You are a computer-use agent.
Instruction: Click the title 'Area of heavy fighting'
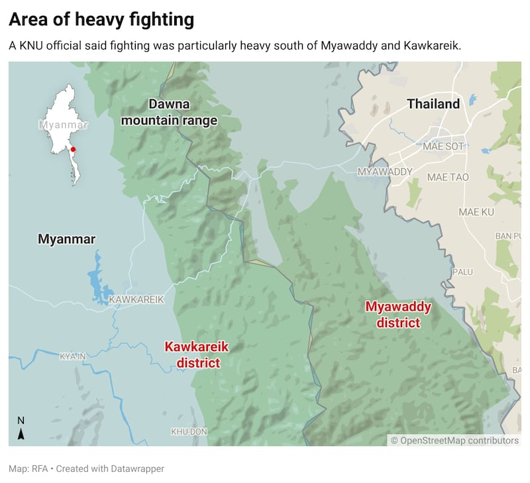tap(101, 20)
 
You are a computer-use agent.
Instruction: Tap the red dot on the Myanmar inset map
tap(73, 150)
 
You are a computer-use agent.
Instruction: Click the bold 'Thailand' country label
tap(433, 104)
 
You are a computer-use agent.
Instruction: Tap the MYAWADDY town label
tap(385, 172)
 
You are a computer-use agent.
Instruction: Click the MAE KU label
tap(477, 212)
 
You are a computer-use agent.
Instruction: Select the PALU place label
tap(462, 272)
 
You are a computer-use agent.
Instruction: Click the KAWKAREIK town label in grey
tap(136, 299)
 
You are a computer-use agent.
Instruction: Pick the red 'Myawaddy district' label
tap(398, 315)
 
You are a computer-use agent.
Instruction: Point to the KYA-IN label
tap(74, 356)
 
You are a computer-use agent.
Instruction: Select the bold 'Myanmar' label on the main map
tap(67, 239)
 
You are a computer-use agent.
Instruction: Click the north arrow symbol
tap(21, 429)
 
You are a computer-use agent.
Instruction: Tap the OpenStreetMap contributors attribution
tap(454, 441)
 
